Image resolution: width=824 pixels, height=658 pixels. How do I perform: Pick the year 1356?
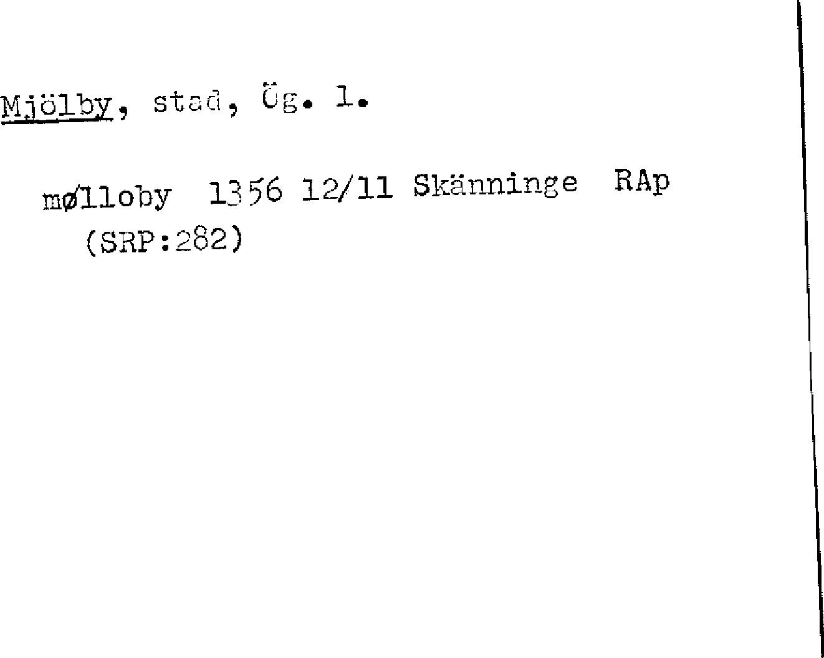(x=245, y=192)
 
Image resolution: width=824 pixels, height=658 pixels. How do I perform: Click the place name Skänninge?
(x=496, y=185)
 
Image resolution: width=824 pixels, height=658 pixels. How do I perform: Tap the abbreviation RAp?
(x=642, y=181)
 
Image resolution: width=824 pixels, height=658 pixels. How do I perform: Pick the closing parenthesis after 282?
(x=235, y=241)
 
